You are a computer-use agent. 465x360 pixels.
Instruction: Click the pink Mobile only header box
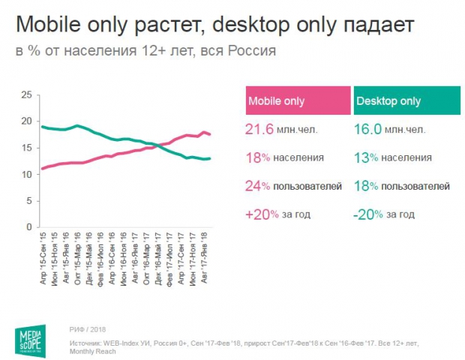tap(298, 101)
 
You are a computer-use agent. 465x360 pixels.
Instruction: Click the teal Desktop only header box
tap(402, 101)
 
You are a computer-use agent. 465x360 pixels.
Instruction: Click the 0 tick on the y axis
tap(29, 227)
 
